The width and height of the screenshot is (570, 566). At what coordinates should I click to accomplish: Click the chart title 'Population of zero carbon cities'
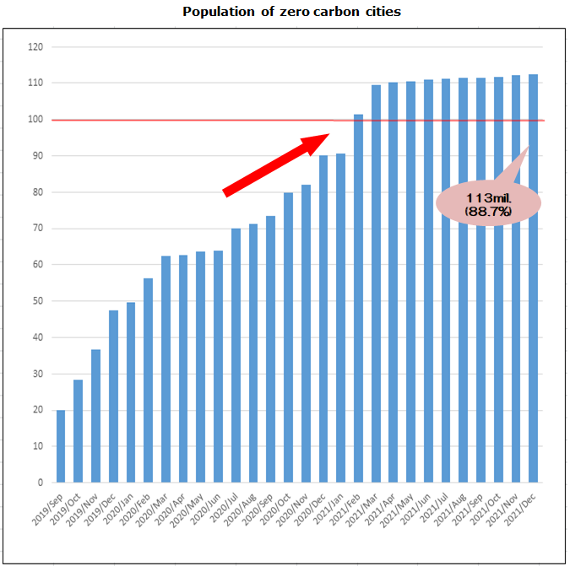tap(291, 12)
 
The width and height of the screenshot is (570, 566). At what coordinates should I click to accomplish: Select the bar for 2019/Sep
tap(61, 446)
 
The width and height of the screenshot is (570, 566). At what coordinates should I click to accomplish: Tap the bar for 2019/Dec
tap(113, 396)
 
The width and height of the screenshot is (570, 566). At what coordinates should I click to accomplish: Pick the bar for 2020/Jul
tap(236, 355)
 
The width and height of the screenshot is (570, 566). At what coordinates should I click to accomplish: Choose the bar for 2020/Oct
tap(288, 337)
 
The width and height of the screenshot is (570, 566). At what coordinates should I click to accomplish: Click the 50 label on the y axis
tap(36, 301)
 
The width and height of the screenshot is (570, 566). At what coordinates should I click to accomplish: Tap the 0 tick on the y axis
tap(39, 482)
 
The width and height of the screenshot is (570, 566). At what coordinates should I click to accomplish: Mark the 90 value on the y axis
tap(36, 156)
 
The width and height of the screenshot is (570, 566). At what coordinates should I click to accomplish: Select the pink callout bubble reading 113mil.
tap(488, 202)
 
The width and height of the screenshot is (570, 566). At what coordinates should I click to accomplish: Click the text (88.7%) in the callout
tap(488, 211)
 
